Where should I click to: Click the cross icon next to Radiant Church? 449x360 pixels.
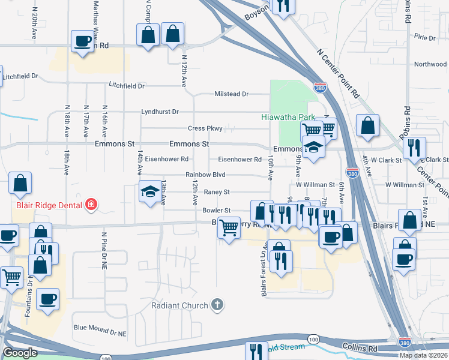click(218, 305)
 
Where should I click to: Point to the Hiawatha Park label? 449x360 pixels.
click(285, 117)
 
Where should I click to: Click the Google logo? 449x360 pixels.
click(20, 353)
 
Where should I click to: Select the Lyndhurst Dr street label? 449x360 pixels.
click(160, 112)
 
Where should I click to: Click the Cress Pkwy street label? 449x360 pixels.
click(205, 128)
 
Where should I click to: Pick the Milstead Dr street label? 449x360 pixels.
click(232, 94)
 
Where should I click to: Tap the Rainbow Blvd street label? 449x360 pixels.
click(205, 175)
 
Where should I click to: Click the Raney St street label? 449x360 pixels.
click(217, 192)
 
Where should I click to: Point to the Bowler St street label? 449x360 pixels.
click(216, 211)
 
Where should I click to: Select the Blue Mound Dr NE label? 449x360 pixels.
click(101, 328)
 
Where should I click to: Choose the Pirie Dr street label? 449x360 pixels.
click(424, 38)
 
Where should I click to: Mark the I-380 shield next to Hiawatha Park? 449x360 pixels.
click(320, 88)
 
